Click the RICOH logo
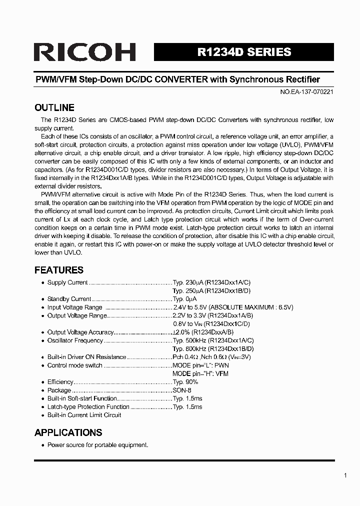coord(84,52)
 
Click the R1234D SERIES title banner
coord(244,52)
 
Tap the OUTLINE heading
coord(54,107)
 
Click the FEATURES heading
coord(58,270)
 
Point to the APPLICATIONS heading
coord(68,432)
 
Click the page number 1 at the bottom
coord(345,475)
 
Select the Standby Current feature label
coord(69,299)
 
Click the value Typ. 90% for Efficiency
coord(185,382)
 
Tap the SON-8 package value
coord(182,390)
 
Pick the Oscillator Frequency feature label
coord(75,340)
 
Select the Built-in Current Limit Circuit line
coord(84,415)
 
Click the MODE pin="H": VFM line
coord(200,374)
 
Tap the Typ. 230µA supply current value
coord(188,282)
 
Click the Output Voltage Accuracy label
coord(80,332)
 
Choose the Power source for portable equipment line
coord(97,445)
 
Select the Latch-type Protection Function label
coord(88,407)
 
